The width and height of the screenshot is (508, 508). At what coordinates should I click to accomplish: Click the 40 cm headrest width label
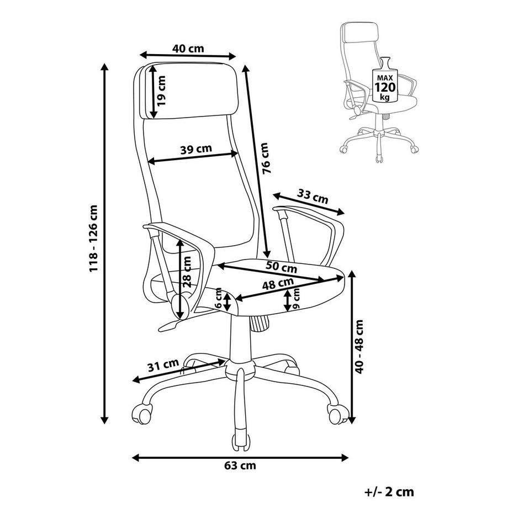click(x=188, y=49)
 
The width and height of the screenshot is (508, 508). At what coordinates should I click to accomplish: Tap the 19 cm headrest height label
click(x=161, y=91)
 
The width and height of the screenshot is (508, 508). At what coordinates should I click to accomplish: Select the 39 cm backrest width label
click(x=196, y=149)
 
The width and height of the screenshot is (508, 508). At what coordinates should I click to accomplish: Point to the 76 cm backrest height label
click(x=265, y=158)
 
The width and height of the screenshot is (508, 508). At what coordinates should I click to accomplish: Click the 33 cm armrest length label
click(x=313, y=197)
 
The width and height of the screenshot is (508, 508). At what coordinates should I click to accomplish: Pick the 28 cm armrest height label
click(x=187, y=272)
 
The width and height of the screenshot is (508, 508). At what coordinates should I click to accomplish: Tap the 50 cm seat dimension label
click(x=281, y=267)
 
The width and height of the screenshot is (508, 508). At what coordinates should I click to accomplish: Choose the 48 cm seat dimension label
click(x=278, y=284)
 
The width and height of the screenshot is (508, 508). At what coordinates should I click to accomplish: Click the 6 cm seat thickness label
click(x=218, y=298)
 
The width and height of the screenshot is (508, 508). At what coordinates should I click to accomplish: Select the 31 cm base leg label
click(x=163, y=366)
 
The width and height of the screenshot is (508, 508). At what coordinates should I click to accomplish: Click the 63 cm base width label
click(x=240, y=465)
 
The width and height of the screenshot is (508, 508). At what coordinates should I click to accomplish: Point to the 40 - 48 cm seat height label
click(x=359, y=346)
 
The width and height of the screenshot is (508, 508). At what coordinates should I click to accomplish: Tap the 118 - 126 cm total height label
click(x=93, y=239)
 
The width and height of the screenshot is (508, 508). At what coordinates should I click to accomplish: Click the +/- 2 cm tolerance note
click(x=389, y=492)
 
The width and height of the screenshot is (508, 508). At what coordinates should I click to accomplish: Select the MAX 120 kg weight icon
click(x=384, y=81)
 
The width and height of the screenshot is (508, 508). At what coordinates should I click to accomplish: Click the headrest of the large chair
click(x=188, y=90)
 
